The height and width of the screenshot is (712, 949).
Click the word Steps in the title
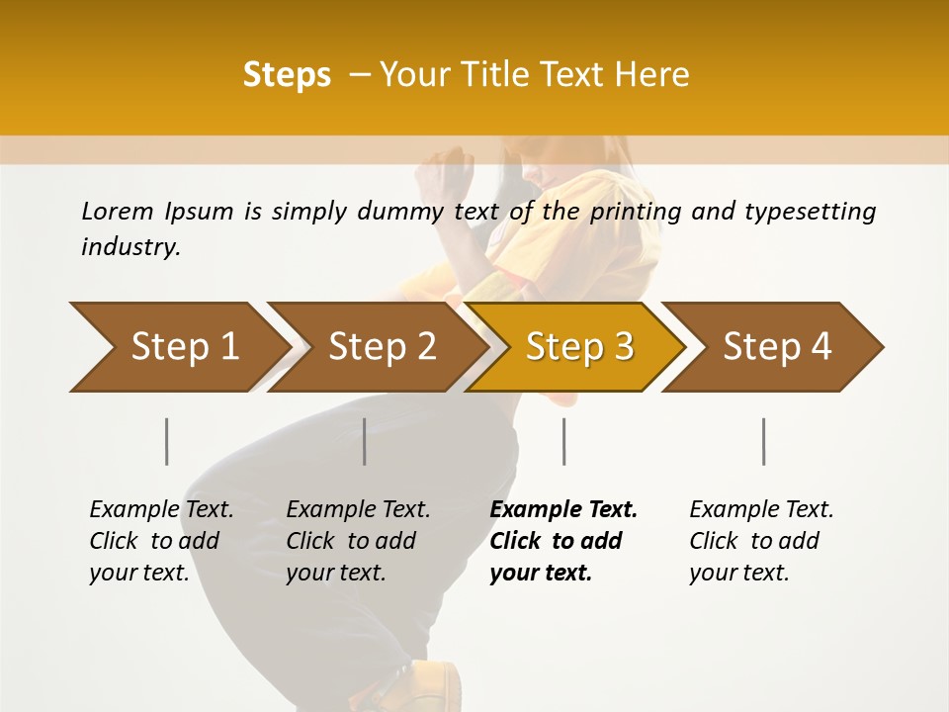pyautogui.click(x=287, y=75)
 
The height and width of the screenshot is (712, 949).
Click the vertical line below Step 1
pyautogui.click(x=167, y=441)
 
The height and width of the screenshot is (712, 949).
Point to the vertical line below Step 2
pyautogui.click(x=365, y=441)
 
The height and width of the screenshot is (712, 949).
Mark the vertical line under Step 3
pyautogui.click(x=563, y=441)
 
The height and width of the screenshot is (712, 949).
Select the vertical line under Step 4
pyautogui.click(x=763, y=441)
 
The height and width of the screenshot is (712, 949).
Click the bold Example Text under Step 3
pyautogui.click(x=563, y=541)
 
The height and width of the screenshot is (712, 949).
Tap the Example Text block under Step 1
pyautogui.click(x=161, y=541)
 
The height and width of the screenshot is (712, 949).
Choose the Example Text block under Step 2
pyautogui.click(x=358, y=541)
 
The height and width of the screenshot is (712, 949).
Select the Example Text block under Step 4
pyautogui.click(x=761, y=541)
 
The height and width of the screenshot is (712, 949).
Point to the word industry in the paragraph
pyautogui.click(x=130, y=247)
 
